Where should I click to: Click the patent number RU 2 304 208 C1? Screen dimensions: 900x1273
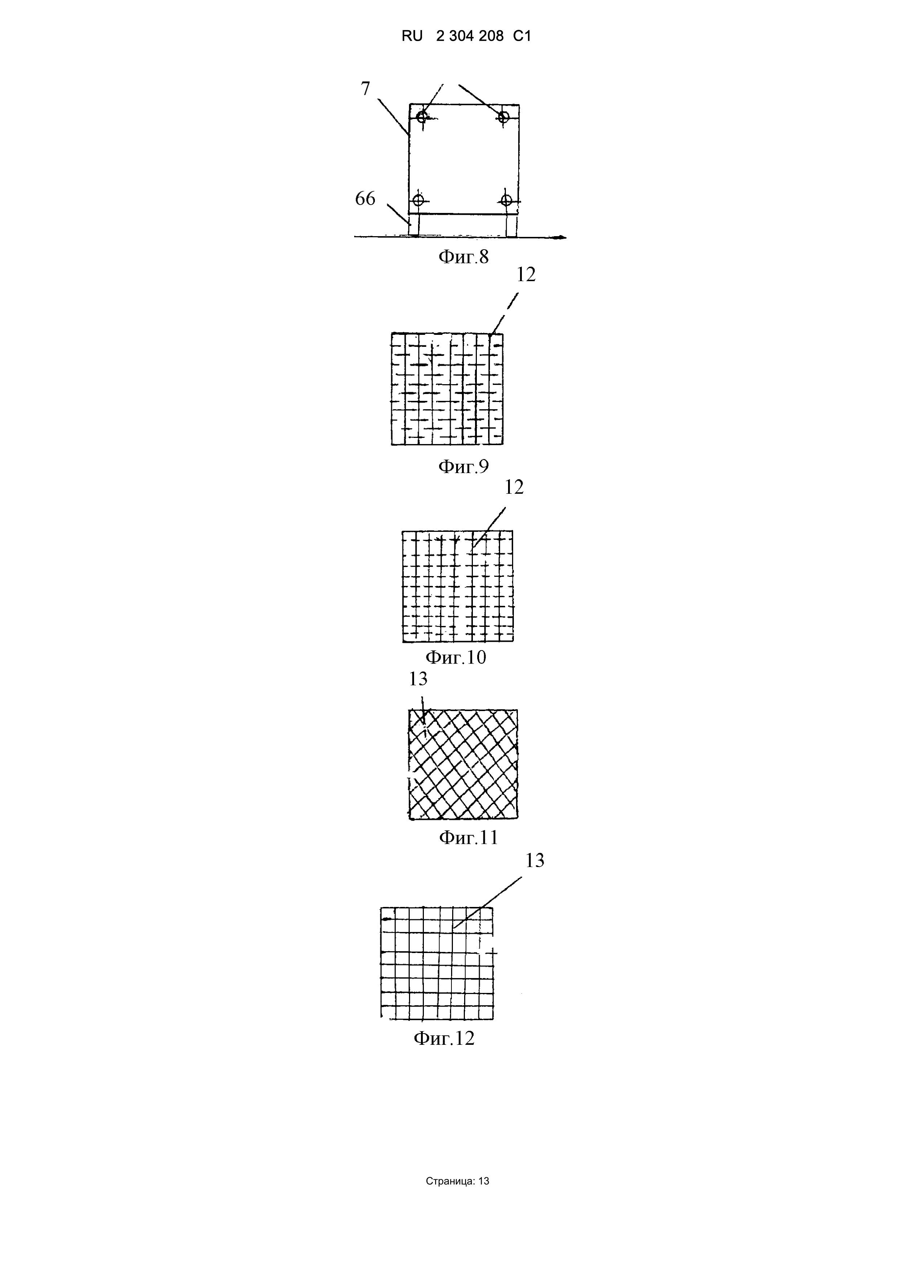[466, 37]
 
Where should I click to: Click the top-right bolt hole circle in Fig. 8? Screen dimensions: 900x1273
[503, 117]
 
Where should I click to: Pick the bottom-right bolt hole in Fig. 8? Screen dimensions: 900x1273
[506, 200]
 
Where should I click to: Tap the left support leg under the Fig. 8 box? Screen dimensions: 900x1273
[414, 226]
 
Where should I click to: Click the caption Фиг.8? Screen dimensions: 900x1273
[463, 257]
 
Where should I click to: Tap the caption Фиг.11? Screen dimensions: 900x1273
[469, 837]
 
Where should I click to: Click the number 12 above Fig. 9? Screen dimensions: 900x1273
[526, 275]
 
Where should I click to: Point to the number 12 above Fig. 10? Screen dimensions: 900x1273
[514, 487]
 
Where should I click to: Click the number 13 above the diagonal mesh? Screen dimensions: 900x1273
[419, 679]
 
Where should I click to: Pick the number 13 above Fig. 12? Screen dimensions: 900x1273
[535, 861]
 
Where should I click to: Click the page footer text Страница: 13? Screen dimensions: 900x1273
[458, 1181]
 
